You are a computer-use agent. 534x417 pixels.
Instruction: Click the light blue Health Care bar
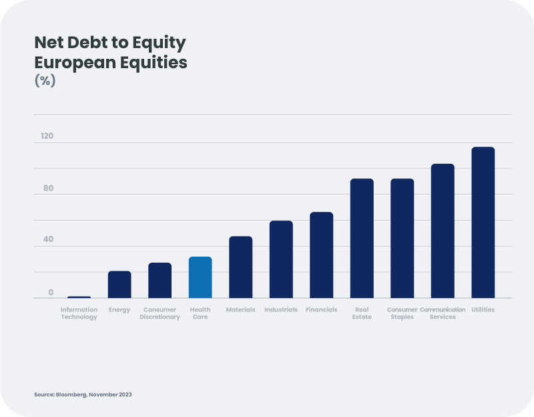pyautogui.click(x=200, y=277)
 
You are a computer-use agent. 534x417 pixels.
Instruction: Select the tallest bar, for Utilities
pyautogui.click(x=483, y=223)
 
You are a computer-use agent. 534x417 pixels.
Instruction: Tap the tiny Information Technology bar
pyautogui.click(x=79, y=297)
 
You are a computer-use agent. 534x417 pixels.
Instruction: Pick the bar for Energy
pyautogui.click(x=119, y=285)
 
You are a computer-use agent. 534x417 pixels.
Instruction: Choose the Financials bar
pyautogui.click(x=321, y=255)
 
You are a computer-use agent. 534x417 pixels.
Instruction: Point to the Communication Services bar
pyautogui.click(x=443, y=231)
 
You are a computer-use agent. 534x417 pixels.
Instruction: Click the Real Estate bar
pyautogui.click(x=362, y=239)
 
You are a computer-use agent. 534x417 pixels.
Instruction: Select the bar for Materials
pyautogui.click(x=240, y=267)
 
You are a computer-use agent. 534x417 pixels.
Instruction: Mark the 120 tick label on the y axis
pyautogui.click(x=46, y=136)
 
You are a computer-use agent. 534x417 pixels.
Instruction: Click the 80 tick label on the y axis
pyautogui.click(x=48, y=188)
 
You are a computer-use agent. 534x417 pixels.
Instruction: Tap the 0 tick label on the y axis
pyautogui.click(x=51, y=292)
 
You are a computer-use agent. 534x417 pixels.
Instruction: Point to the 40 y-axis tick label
pyautogui.click(x=48, y=239)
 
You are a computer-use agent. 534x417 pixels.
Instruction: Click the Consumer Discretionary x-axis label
pyautogui.click(x=160, y=313)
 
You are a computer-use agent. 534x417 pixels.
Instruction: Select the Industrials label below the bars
pyautogui.click(x=281, y=310)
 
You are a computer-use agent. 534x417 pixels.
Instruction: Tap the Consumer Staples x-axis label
pyautogui.click(x=402, y=313)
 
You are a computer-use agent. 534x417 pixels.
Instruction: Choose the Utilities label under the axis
pyautogui.click(x=483, y=310)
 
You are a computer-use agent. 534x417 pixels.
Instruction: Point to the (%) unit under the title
pyautogui.click(x=45, y=81)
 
